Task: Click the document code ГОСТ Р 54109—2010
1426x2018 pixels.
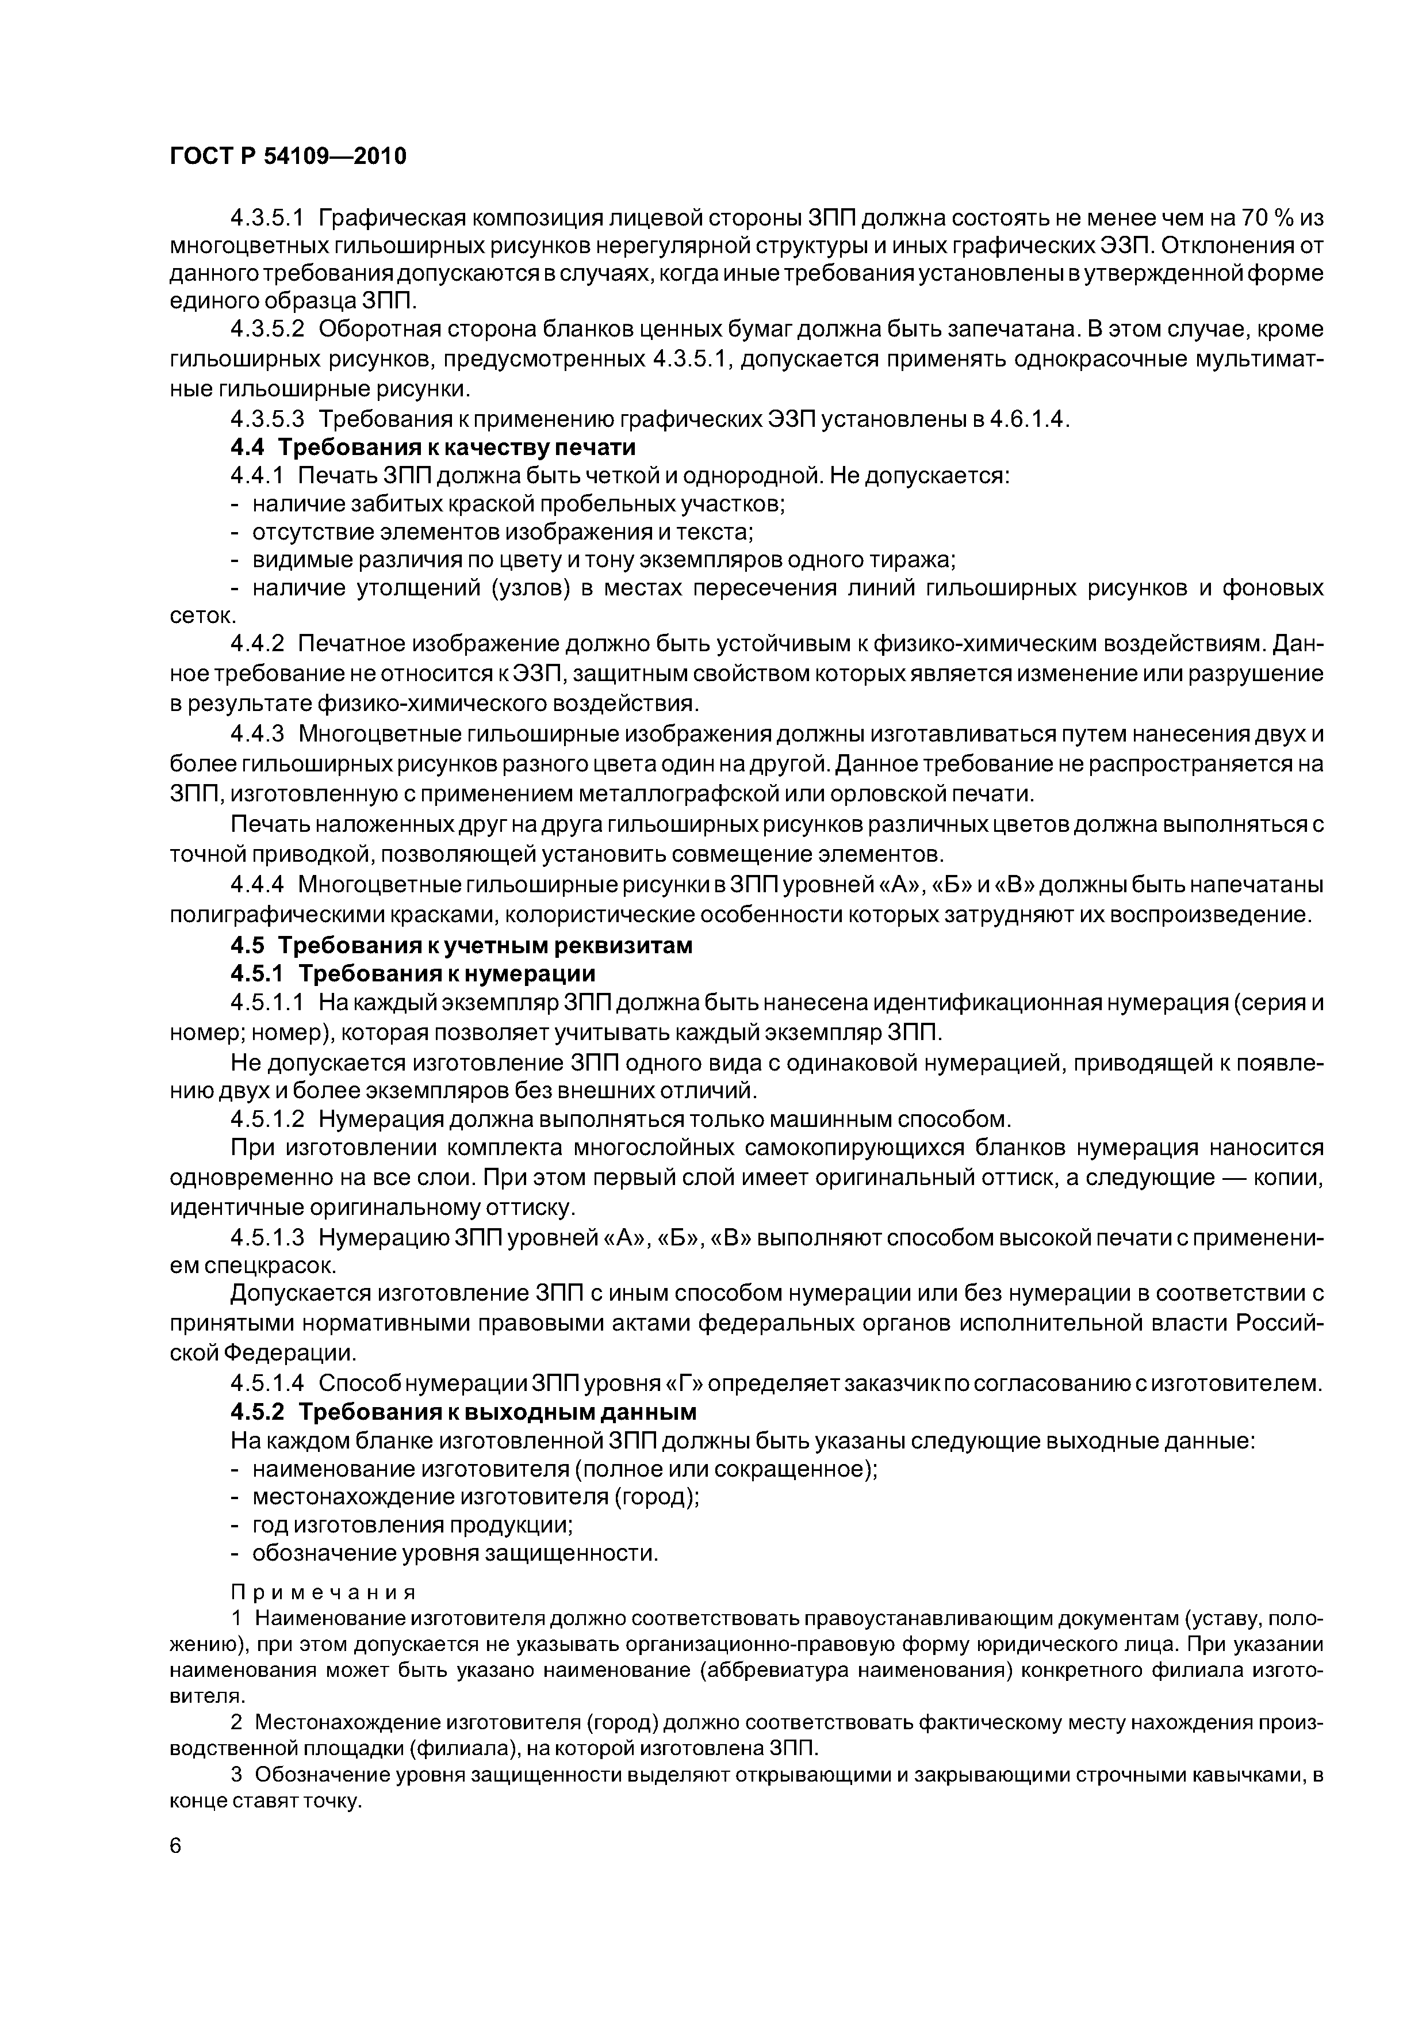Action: click(x=287, y=156)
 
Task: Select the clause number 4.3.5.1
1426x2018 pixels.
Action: click(x=267, y=217)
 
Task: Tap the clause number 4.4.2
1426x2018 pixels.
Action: click(x=258, y=644)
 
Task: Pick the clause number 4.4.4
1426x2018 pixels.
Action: click(x=258, y=884)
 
